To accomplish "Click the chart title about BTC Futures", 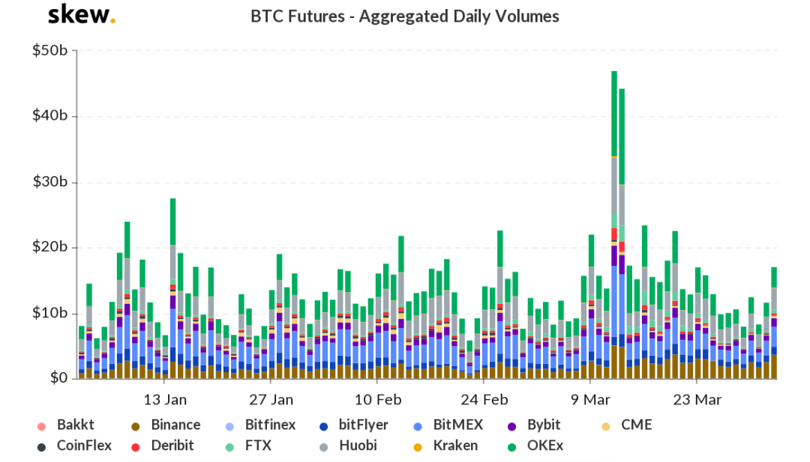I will (x=404, y=16).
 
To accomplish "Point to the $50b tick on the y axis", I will (x=51, y=51).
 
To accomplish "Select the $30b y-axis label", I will (x=51, y=182).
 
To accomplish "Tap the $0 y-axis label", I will (x=58, y=379).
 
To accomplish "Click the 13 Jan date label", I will (x=166, y=399).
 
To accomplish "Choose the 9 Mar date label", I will (x=591, y=399).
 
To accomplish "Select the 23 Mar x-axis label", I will (x=697, y=399).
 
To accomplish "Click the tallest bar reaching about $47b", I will (x=614, y=225).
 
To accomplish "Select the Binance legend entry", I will (x=175, y=425).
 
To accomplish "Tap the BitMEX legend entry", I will (x=457, y=425).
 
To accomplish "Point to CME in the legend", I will (x=636, y=425).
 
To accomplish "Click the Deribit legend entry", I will (x=172, y=446).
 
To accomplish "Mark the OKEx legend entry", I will (x=544, y=446).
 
